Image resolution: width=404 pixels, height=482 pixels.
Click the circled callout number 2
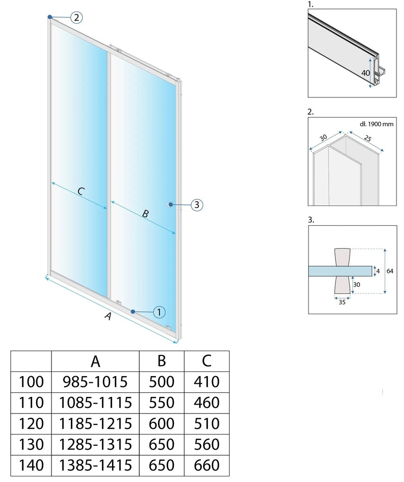coord(77,17)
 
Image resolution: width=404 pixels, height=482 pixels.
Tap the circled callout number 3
coord(197,205)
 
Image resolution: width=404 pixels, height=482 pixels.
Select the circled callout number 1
coord(159,312)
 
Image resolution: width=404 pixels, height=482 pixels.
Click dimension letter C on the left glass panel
coord(80,191)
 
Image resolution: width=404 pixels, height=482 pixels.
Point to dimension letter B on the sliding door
coord(146,213)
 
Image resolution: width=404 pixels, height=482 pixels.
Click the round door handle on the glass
coord(170,205)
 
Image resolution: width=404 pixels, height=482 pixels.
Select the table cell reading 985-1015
coord(95,382)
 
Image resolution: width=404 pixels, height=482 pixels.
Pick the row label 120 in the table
coord(31,423)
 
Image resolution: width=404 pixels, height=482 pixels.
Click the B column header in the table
coord(162,361)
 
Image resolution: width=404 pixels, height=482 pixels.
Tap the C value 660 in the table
coord(206,465)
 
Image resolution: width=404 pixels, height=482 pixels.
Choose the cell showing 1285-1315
coord(95,445)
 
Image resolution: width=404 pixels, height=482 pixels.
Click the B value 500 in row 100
coord(162,382)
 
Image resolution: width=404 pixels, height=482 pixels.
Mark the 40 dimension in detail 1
coord(366,73)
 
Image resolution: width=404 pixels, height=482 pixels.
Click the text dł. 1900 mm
coord(376,124)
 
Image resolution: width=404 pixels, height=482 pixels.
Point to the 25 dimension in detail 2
coord(368,138)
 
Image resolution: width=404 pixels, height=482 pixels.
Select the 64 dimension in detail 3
coord(390,271)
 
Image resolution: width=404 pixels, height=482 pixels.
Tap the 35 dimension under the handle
coord(342,302)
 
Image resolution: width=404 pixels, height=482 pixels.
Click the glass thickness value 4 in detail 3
coord(378,271)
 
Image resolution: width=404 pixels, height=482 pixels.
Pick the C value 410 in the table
coord(206,382)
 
